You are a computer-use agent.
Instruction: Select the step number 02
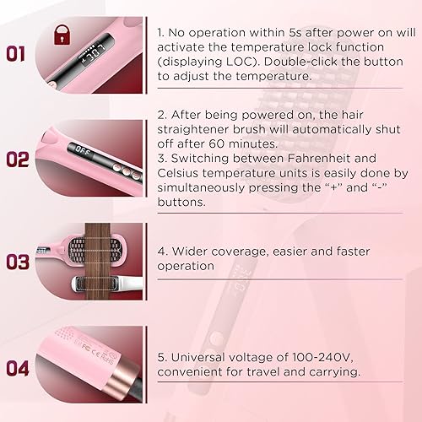(x=19, y=159)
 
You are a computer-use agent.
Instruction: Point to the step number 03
(x=19, y=262)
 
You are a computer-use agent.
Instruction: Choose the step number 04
(x=19, y=368)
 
